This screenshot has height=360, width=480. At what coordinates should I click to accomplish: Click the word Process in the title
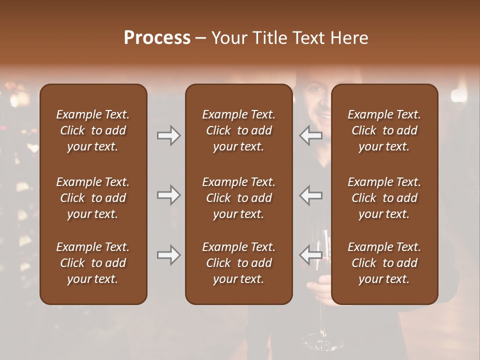[157, 37]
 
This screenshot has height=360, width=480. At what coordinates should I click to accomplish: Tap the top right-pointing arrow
[168, 135]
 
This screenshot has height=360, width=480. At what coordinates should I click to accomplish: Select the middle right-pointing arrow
[168, 195]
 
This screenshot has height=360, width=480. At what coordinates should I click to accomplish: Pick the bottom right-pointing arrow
[168, 255]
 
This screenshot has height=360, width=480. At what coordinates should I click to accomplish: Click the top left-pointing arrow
[311, 135]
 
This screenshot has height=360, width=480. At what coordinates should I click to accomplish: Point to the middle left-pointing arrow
[311, 195]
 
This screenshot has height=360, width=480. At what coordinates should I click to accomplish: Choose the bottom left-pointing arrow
[311, 255]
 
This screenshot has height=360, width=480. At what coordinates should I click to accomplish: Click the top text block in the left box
[93, 130]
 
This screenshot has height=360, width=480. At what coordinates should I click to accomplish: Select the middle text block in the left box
[93, 198]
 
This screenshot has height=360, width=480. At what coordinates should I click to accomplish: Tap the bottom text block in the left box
[93, 263]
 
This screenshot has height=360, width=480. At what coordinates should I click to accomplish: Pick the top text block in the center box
[238, 130]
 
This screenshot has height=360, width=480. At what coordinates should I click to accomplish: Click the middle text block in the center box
[238, 198]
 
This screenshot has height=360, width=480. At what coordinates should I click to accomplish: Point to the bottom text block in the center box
[238, 263]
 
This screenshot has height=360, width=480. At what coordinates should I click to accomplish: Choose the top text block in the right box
[384, 130]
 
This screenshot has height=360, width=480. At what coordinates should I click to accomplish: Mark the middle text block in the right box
[384, 198]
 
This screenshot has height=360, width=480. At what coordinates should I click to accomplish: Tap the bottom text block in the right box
[384, 263]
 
